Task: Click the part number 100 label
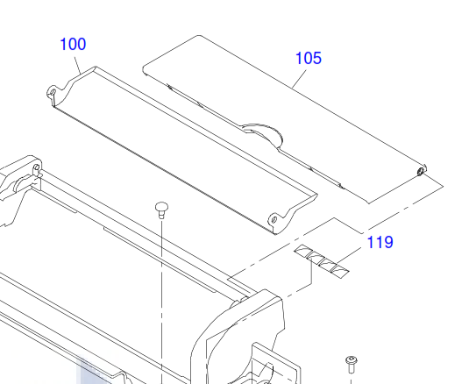[73, 45]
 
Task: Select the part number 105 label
[309, 58]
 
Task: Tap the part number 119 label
[380, 242]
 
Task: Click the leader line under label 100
[78, 65]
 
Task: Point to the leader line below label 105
[299, 79]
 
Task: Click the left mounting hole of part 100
[53, 92]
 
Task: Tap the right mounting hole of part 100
[274, 219]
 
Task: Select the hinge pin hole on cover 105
[421, 172]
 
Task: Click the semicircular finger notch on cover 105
[264, 132]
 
